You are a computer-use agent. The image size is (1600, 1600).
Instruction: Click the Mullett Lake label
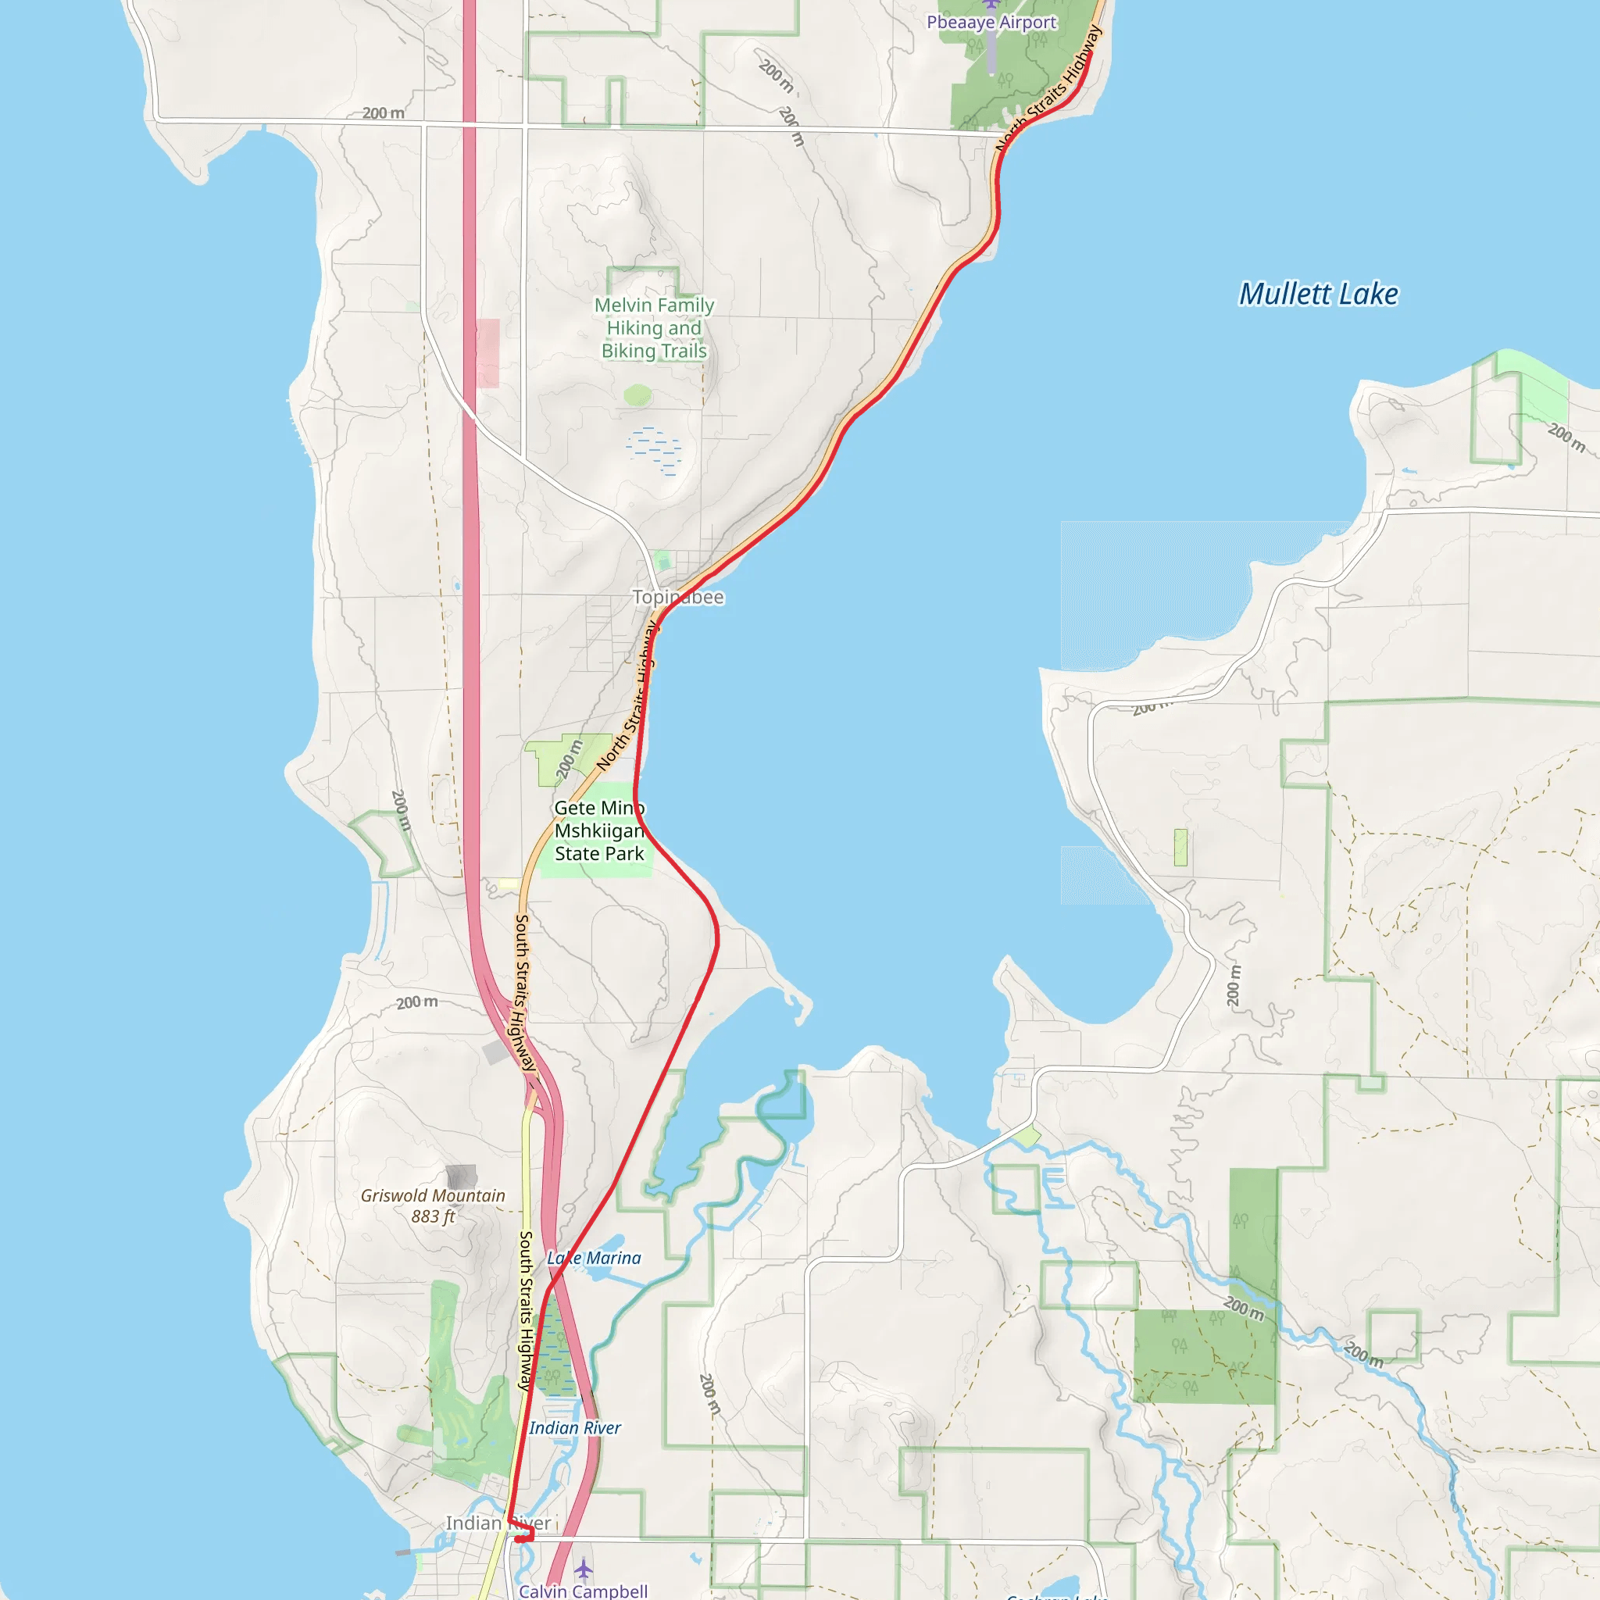pyautogui.click(x=1318, y=294)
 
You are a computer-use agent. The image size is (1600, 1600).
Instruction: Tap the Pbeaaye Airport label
pyautogui.click(x=991, y=23)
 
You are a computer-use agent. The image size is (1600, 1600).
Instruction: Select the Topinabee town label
pyautogui.click(x=678, y=597)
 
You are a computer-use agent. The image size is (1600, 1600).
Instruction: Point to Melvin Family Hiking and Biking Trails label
pyautogui.click(x=654, y=328)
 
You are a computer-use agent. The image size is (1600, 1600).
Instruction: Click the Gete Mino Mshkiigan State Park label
pyautogui.click(x=598, y=830)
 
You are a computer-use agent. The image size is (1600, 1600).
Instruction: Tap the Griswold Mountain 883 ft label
pyautogui.click(x=432, y=1205)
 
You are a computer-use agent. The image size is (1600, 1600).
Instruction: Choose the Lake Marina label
pyautogui.click(x=594, y=1258)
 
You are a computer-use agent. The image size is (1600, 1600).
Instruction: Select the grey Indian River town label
pyautogui.click(x=498, y=1523)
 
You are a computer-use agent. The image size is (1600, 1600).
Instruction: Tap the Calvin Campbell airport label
pyautogui.click(x=583, y=1591)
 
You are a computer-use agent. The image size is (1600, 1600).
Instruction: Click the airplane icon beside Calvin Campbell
pyautogui.click(x=583, y=1569)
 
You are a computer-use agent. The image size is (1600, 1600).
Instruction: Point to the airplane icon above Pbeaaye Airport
pyautogui.click(x=991, y=4)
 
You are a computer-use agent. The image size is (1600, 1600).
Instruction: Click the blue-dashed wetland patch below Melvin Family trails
pyautogui.click(x=654, y=451)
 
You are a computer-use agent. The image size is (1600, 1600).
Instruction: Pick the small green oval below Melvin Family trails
pyautogui.click(x=637, y=395)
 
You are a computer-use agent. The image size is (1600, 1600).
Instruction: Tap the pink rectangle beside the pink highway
pyautogui.click(x=487, y=353)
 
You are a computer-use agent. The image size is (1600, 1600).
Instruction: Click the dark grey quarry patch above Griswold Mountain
pyautogui.click(x=460, y=1176)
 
